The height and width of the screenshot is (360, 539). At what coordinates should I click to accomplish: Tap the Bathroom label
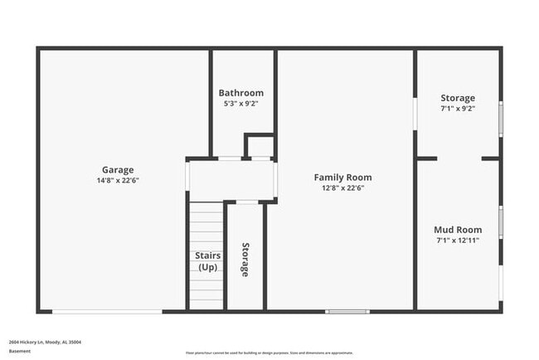(x=241, y=93)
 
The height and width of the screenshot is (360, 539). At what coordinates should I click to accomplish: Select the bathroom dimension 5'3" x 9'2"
(x=241, y=104)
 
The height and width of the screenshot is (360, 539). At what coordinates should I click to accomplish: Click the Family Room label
(x=342, y=177)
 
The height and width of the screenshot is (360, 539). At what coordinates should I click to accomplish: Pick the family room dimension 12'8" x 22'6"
(x=342, y=188)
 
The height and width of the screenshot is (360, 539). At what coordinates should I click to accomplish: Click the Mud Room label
(x=458, y=230)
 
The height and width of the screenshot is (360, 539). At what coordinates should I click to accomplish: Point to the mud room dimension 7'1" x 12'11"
(x=458, y=241)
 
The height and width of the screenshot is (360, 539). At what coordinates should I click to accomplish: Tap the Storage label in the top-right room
(x=458, y=98)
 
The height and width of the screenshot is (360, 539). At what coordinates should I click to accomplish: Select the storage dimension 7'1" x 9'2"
(x=458, y=109)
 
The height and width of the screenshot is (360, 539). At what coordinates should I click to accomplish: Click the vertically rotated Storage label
(x=245, y=260)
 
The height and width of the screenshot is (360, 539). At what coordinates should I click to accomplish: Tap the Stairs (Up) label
(x=207, y=261)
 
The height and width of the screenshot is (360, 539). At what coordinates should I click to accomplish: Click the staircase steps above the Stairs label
(x=206, y=224)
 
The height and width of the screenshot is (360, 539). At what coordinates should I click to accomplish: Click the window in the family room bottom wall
(x=347, y=311)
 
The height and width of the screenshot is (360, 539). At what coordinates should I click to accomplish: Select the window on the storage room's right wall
(x=500, y=117)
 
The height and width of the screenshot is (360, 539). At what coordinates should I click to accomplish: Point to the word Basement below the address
(x=20, y=351)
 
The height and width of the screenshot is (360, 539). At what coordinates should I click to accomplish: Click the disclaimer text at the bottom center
(x=269, y=352)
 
